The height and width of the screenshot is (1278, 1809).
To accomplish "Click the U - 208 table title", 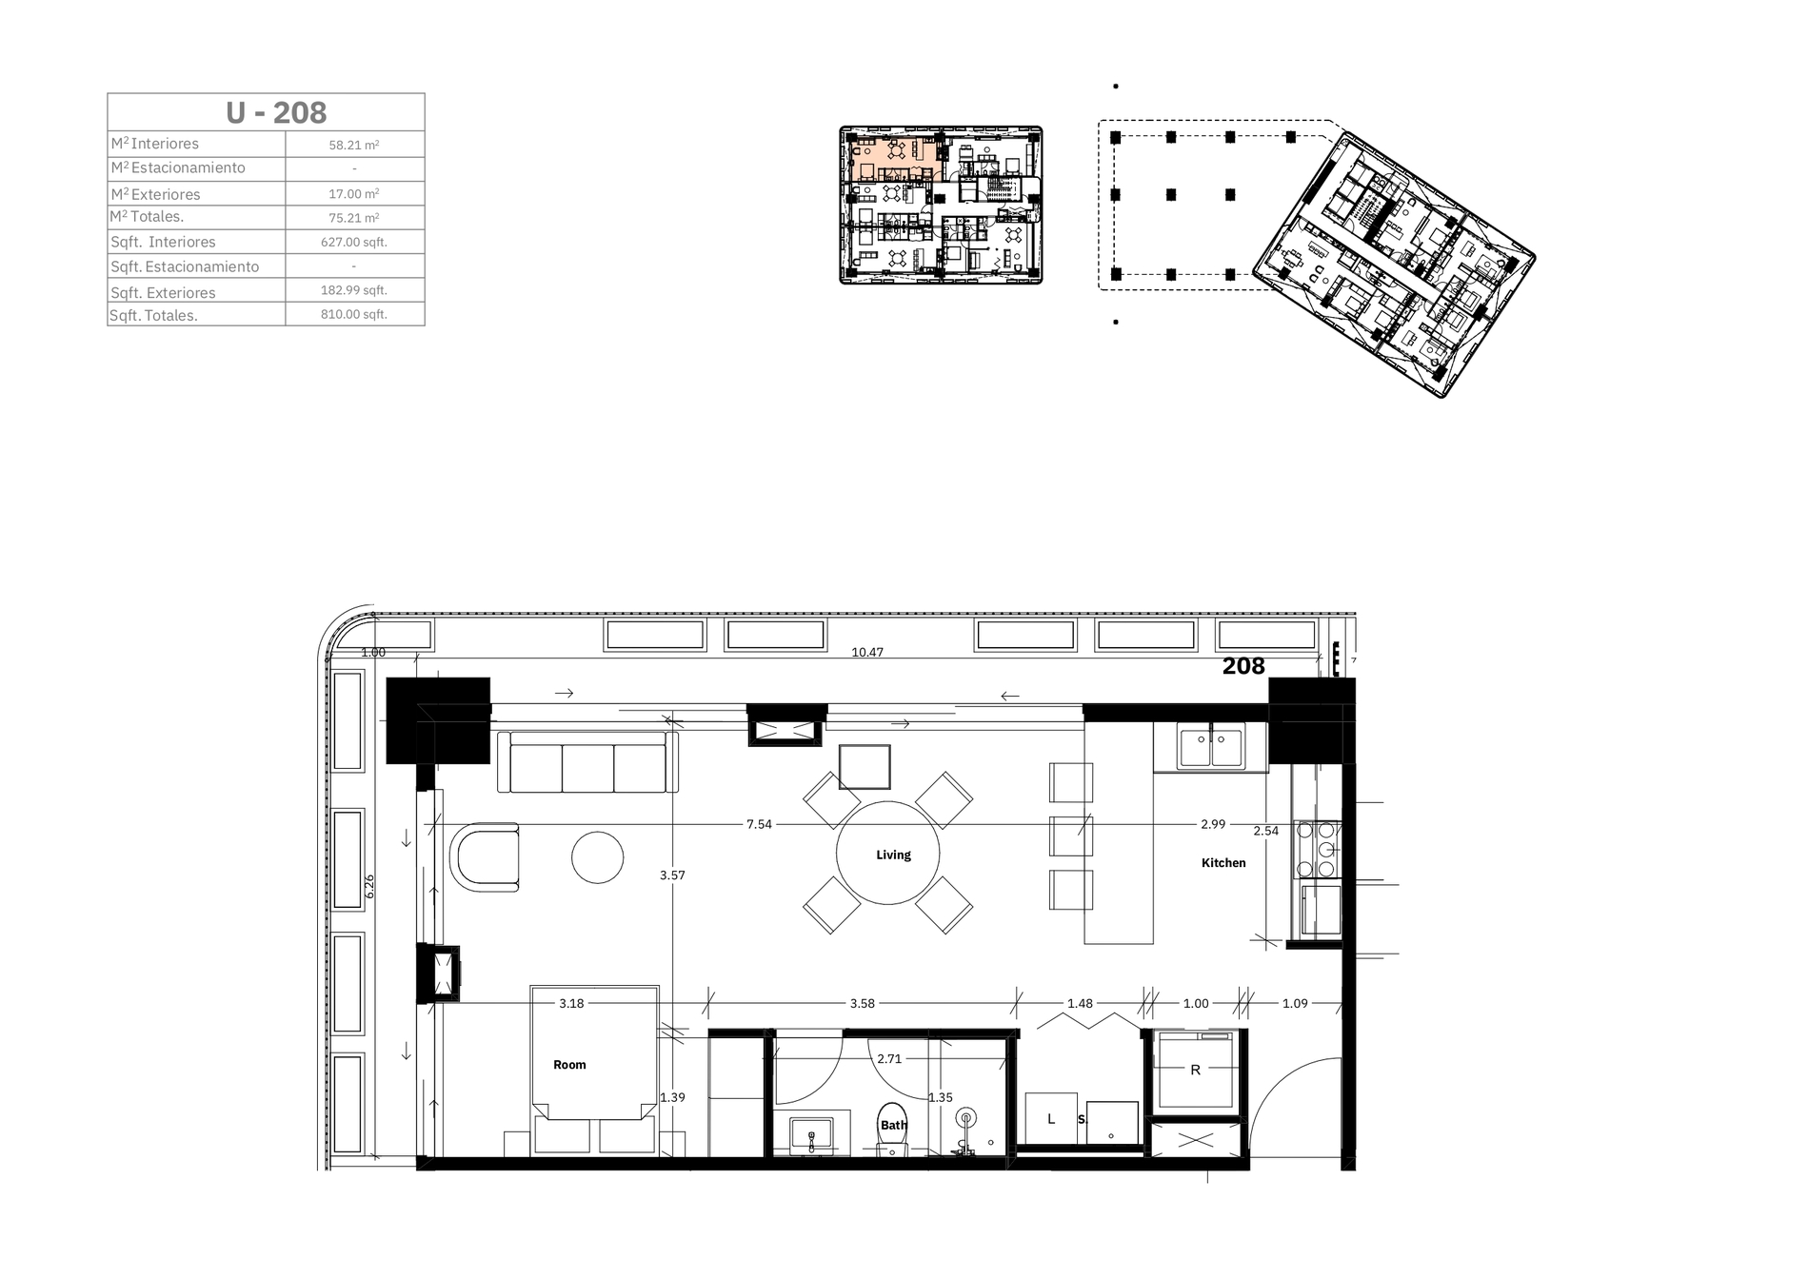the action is point(276,112).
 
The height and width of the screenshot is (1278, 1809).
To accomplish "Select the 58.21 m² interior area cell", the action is point(354,146).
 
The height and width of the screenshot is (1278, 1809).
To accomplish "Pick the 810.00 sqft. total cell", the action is point(354,314).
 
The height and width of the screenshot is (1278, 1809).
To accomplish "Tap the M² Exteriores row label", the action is point(155,194).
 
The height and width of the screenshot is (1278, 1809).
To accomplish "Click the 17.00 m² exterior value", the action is point(354,193).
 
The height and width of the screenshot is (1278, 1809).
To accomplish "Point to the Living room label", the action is point(893,855).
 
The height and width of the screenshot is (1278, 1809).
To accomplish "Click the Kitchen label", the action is point(1223,863).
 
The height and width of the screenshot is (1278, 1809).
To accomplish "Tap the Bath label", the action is point(893,1125).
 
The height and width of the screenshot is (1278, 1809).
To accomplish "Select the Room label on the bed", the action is point(569,1065).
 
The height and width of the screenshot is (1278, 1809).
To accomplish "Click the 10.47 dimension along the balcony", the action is point(867,653).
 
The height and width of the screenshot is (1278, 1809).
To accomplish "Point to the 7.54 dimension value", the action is point(759,824).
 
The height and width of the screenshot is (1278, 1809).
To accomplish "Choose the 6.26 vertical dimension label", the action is point(369,886).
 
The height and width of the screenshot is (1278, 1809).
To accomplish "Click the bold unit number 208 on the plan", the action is point(1243,666).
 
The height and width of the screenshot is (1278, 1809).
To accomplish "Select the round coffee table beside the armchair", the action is point(598,857).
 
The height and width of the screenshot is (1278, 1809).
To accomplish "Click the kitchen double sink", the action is point(1210,747).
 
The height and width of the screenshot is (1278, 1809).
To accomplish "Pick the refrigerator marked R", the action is point(1195,1070).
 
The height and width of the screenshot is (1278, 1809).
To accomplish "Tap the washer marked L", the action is point(1051,1118).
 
